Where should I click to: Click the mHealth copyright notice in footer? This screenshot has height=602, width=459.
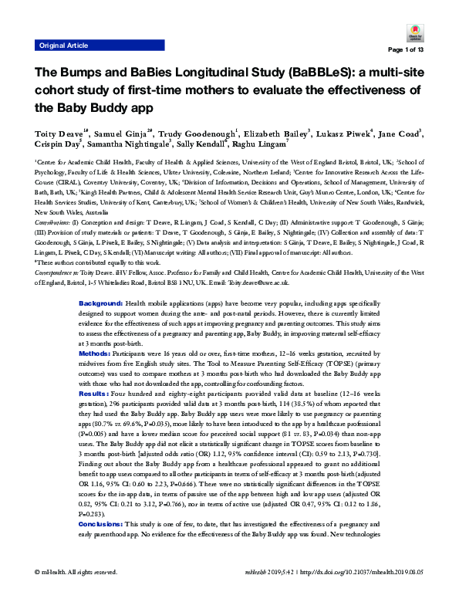pos(76,593)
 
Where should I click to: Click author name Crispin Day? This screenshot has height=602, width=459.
pos(59,144)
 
